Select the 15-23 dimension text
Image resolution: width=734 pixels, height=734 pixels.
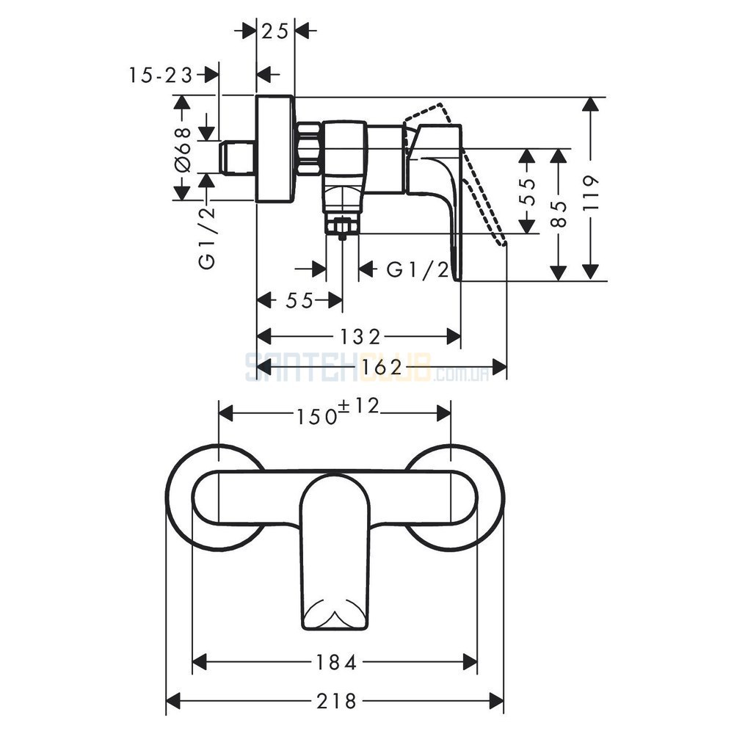161,75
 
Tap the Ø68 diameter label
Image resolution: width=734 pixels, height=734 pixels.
183,149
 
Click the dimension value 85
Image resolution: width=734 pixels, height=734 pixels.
559,214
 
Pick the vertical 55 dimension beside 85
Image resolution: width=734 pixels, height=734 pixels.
528,192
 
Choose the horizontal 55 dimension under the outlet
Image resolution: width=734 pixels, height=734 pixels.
299,300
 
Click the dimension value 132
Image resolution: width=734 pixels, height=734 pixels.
360,336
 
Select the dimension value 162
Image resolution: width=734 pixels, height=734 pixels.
382,368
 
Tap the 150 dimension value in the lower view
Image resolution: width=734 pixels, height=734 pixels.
318,415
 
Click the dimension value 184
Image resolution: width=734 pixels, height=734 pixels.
337,662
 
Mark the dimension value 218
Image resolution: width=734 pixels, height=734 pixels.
337,701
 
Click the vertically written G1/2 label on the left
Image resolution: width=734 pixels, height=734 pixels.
207,237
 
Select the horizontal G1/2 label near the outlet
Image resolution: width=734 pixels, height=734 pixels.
418,270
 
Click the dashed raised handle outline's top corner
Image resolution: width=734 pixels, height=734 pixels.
440,104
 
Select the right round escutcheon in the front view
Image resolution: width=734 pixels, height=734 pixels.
454,497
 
